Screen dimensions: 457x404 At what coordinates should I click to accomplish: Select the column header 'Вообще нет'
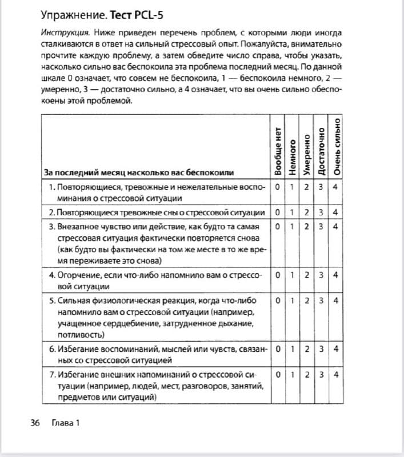click(278, 150)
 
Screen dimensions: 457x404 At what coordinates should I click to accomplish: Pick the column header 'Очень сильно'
click(337, 146)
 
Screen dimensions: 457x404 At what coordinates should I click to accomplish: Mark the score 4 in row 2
click(335, 213)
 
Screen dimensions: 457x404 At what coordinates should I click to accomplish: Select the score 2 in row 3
click(307, 226)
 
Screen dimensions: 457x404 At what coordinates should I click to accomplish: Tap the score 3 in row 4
click(321, 275)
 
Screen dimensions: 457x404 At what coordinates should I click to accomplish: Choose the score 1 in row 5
click(292, 300)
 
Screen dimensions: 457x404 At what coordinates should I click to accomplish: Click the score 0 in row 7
click(278, 375)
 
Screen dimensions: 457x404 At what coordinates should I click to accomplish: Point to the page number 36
click(34, 423)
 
